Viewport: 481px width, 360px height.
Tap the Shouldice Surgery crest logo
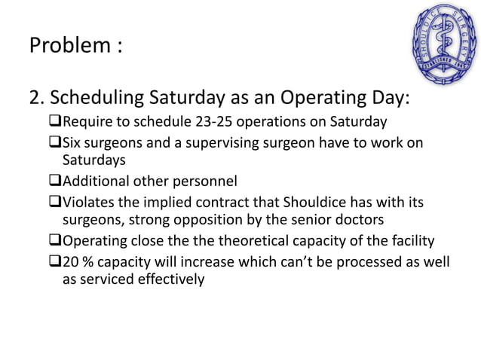pyautogui.click(x=442, y=42)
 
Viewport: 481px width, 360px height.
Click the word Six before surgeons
pyautogui.click(x=74, y=143)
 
